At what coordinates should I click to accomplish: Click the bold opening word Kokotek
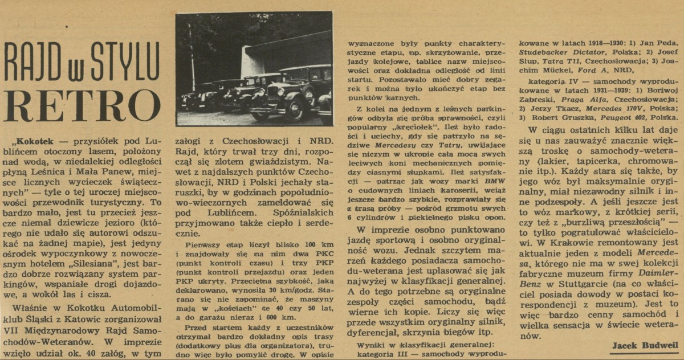tap(39, 140)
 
